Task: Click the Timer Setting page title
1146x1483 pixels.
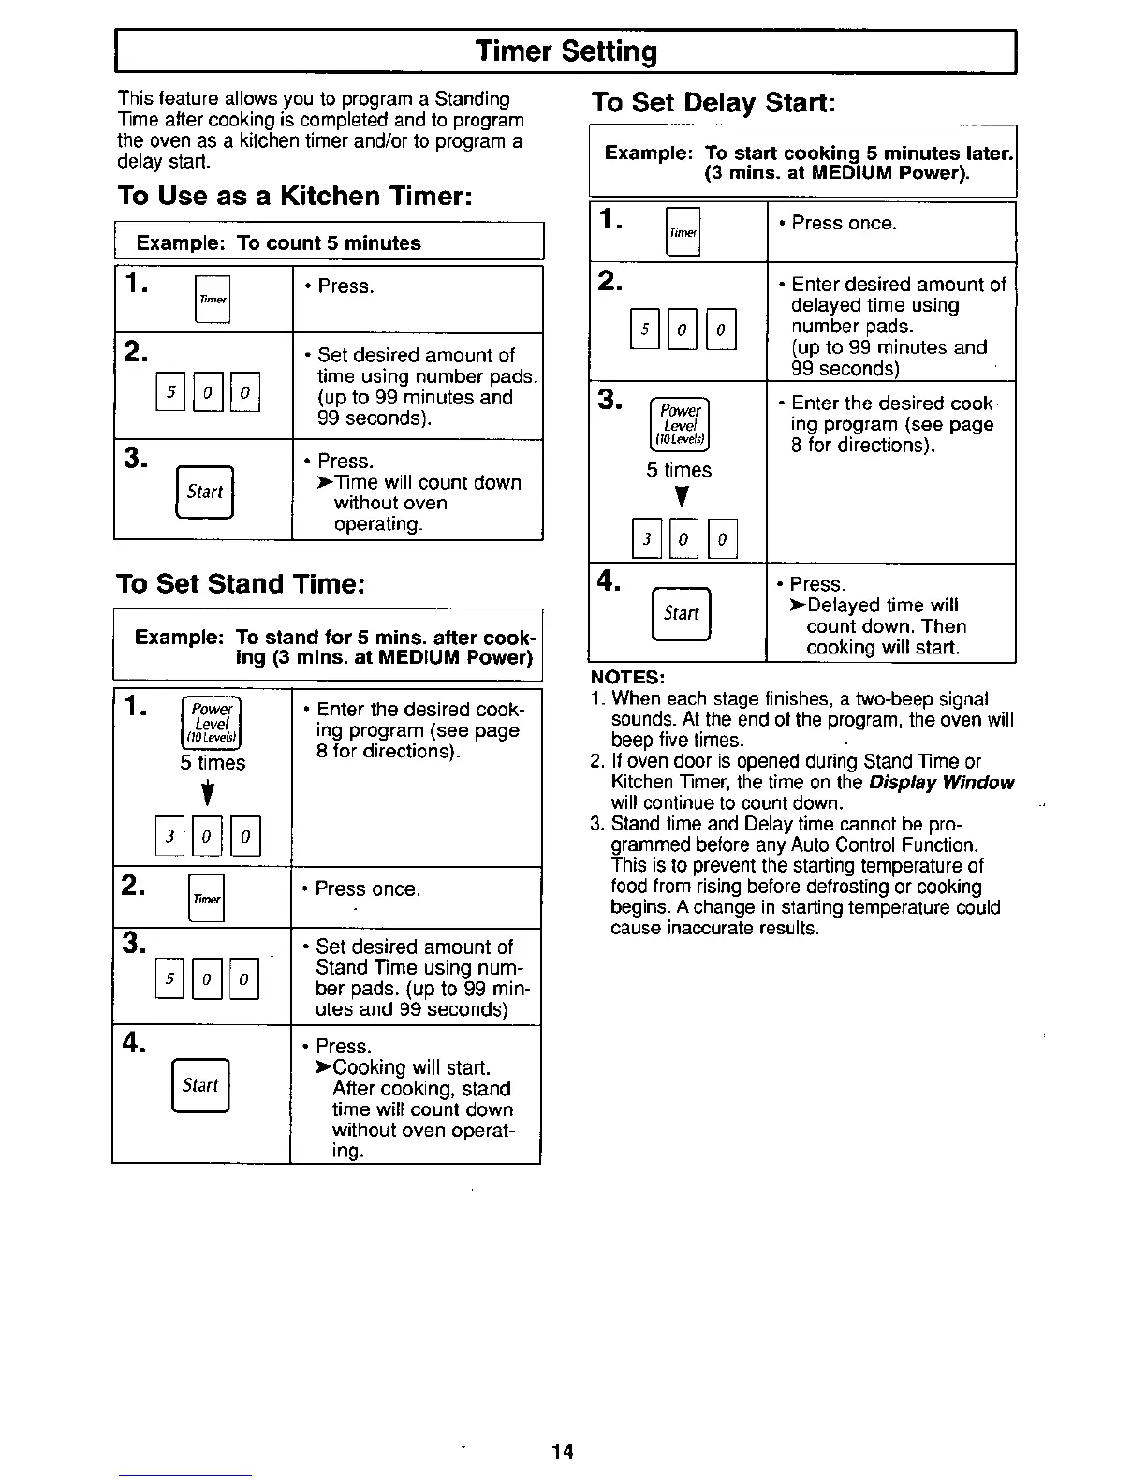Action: pyautogui.click(x=566, y=51)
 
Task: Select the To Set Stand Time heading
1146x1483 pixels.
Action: pyautogui.click(x=239, y=583)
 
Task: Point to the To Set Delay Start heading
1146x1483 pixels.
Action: pyautogui.click(x=713, y=102)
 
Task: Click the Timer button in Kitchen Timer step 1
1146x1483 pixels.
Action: pyautogui.click(x=213, y=300)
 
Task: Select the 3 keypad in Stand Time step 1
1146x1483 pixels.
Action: pyautogui.click(x=169, y=837)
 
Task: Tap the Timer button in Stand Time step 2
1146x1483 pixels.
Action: pyautogui.click(x=207, y=898)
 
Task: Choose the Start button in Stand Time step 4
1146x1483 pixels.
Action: pyautogui.click(x=200, y=1085)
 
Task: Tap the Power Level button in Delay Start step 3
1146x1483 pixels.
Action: pyautogui.click(x=680, y=425)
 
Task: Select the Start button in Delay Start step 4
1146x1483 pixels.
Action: pyautogui.click(x=682, y=613)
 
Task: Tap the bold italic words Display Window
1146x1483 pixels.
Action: pyautogui.click(x=941, y=783)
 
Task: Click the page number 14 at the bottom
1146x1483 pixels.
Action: pyautogui.click(x=562, y=1451)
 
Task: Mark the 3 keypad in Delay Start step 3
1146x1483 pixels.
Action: pyautogui.click(x=646, y=538)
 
